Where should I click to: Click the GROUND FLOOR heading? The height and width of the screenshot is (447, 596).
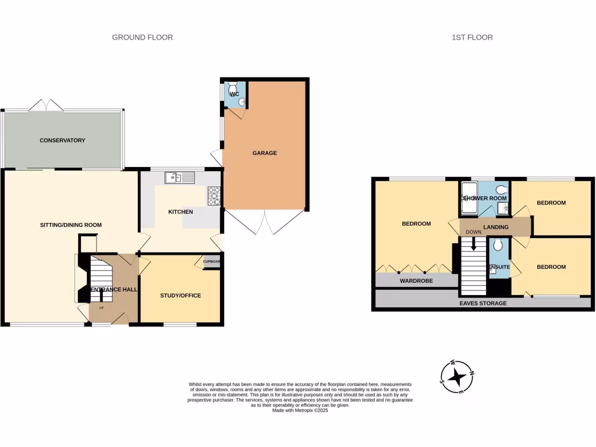(x=143, y=37)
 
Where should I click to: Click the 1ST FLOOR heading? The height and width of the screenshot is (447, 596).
(x=472, y=37)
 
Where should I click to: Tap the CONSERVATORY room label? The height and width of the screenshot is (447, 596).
(x=62, y=140)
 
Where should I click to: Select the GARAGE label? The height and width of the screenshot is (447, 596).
(x=264, y=153)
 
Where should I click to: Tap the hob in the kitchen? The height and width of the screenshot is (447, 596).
(x=214, y=196)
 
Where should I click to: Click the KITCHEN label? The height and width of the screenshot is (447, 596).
(x=180, y=212)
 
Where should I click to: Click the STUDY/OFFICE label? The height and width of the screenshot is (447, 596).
(x=180, y=296)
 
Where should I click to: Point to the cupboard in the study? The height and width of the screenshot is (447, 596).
(x=211, y=261)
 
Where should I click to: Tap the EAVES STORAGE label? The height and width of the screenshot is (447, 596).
(x=483, y=303)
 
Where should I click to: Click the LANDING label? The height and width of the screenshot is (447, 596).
(x=496, y=227)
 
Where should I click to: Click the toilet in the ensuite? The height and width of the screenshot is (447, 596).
(x=497, y=246)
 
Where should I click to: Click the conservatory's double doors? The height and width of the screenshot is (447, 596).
(x=46, y=105)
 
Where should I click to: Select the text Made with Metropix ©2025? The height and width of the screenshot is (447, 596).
(x=300, y=410)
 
